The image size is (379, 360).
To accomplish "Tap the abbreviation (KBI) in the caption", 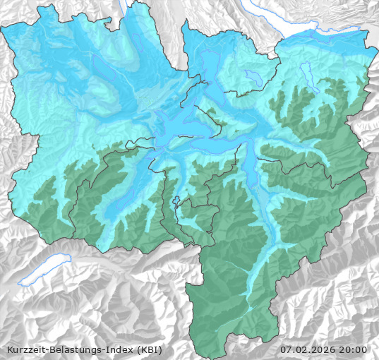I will coord(159,349).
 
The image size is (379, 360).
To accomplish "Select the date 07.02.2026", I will coord(310,349).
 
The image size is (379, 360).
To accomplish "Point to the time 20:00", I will coord(354,349).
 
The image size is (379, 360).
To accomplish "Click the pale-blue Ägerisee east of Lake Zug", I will coord(253,77).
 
